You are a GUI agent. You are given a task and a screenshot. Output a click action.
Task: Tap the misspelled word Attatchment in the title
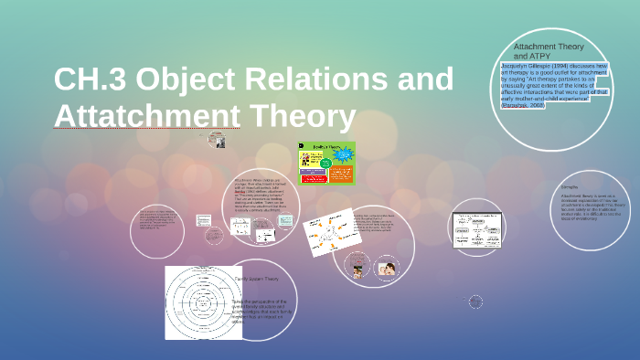146,117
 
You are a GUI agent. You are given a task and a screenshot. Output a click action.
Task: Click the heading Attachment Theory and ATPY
548,50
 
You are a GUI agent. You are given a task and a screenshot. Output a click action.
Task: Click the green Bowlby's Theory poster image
326,163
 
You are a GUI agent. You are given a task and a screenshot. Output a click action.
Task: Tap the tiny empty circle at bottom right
475,302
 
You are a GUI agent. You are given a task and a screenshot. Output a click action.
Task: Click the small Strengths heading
570,187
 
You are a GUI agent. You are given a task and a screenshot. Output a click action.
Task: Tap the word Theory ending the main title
301,117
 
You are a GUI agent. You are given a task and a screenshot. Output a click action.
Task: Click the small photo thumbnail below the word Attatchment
217,140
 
